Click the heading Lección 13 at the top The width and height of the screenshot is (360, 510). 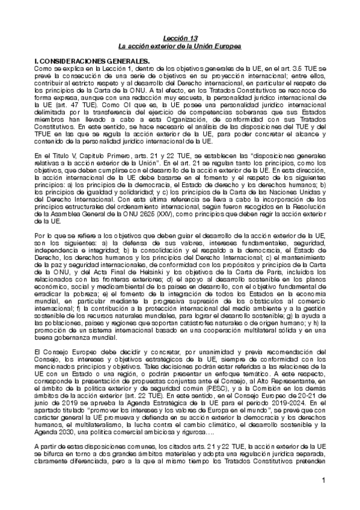coord(180,38)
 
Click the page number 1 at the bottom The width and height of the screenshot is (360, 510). coord(323,497)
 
